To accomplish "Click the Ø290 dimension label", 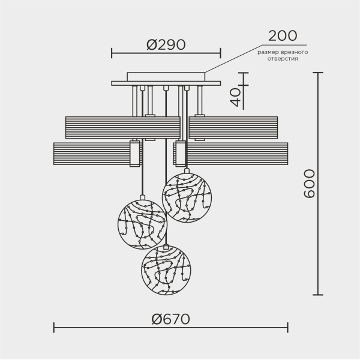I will point(166,44).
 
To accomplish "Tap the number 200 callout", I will point(283,36).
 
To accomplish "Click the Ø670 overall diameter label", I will point(170,319).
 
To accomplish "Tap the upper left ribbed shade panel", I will point(123,127).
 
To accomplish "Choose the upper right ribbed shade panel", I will point(233,127).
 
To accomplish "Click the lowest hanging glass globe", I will point(166,271).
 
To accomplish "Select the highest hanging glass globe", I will point(187,198).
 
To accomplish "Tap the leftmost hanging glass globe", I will point(142,224).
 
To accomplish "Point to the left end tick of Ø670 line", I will point(54,328).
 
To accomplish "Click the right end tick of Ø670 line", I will point(288,328).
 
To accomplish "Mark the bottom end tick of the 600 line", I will point(318,295).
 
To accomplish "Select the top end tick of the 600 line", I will point(318,73).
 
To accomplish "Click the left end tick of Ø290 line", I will point(112,53).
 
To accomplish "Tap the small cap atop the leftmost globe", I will point(142,197).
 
